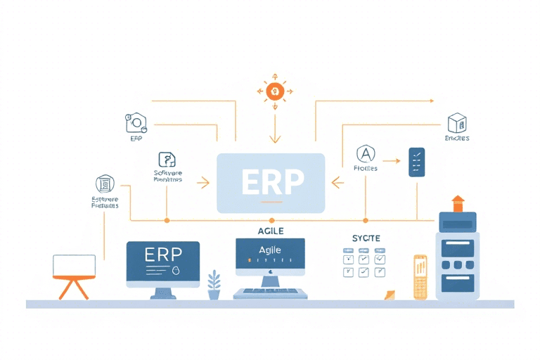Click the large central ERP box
click(x=271, y=183)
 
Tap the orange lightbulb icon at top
click(x=274, y=91)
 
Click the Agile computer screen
click(x=270, y=255)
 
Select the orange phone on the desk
click(x=420, y=277)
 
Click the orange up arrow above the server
click(x=458, y=203)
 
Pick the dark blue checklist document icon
click(x=416, y=162)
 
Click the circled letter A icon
click(x=366, y=154)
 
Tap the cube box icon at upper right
click(x=457, y=123)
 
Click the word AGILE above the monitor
click(x=270, y=230)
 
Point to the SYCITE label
click(x=366, y=239)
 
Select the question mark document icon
click(x=167, y=160)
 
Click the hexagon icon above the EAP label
click(x=135, y=123)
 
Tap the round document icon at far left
click(x=105, y=184)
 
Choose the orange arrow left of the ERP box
click(x=204, y=184)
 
